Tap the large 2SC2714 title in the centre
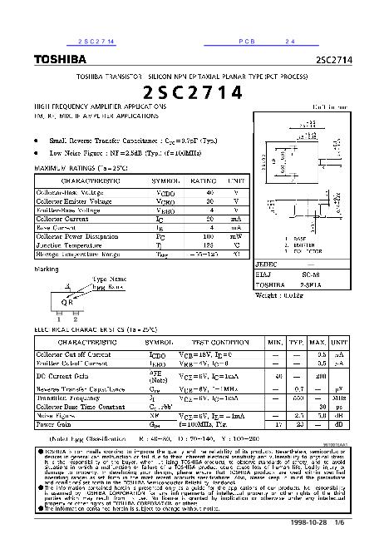(192, 91)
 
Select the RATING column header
(204, 180)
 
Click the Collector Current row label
(63, 218)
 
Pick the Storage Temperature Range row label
(78, 254)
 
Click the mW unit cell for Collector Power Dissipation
(237, 236)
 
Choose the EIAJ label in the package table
(263, 273)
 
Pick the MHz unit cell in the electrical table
(337, 398)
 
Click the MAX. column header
(317, 342)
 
